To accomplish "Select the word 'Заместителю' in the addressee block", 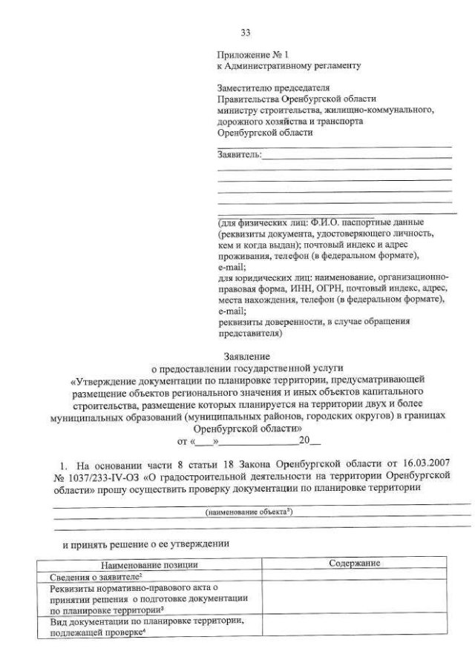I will tap(243, 87).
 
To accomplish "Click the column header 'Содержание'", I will tap(354, 563).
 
